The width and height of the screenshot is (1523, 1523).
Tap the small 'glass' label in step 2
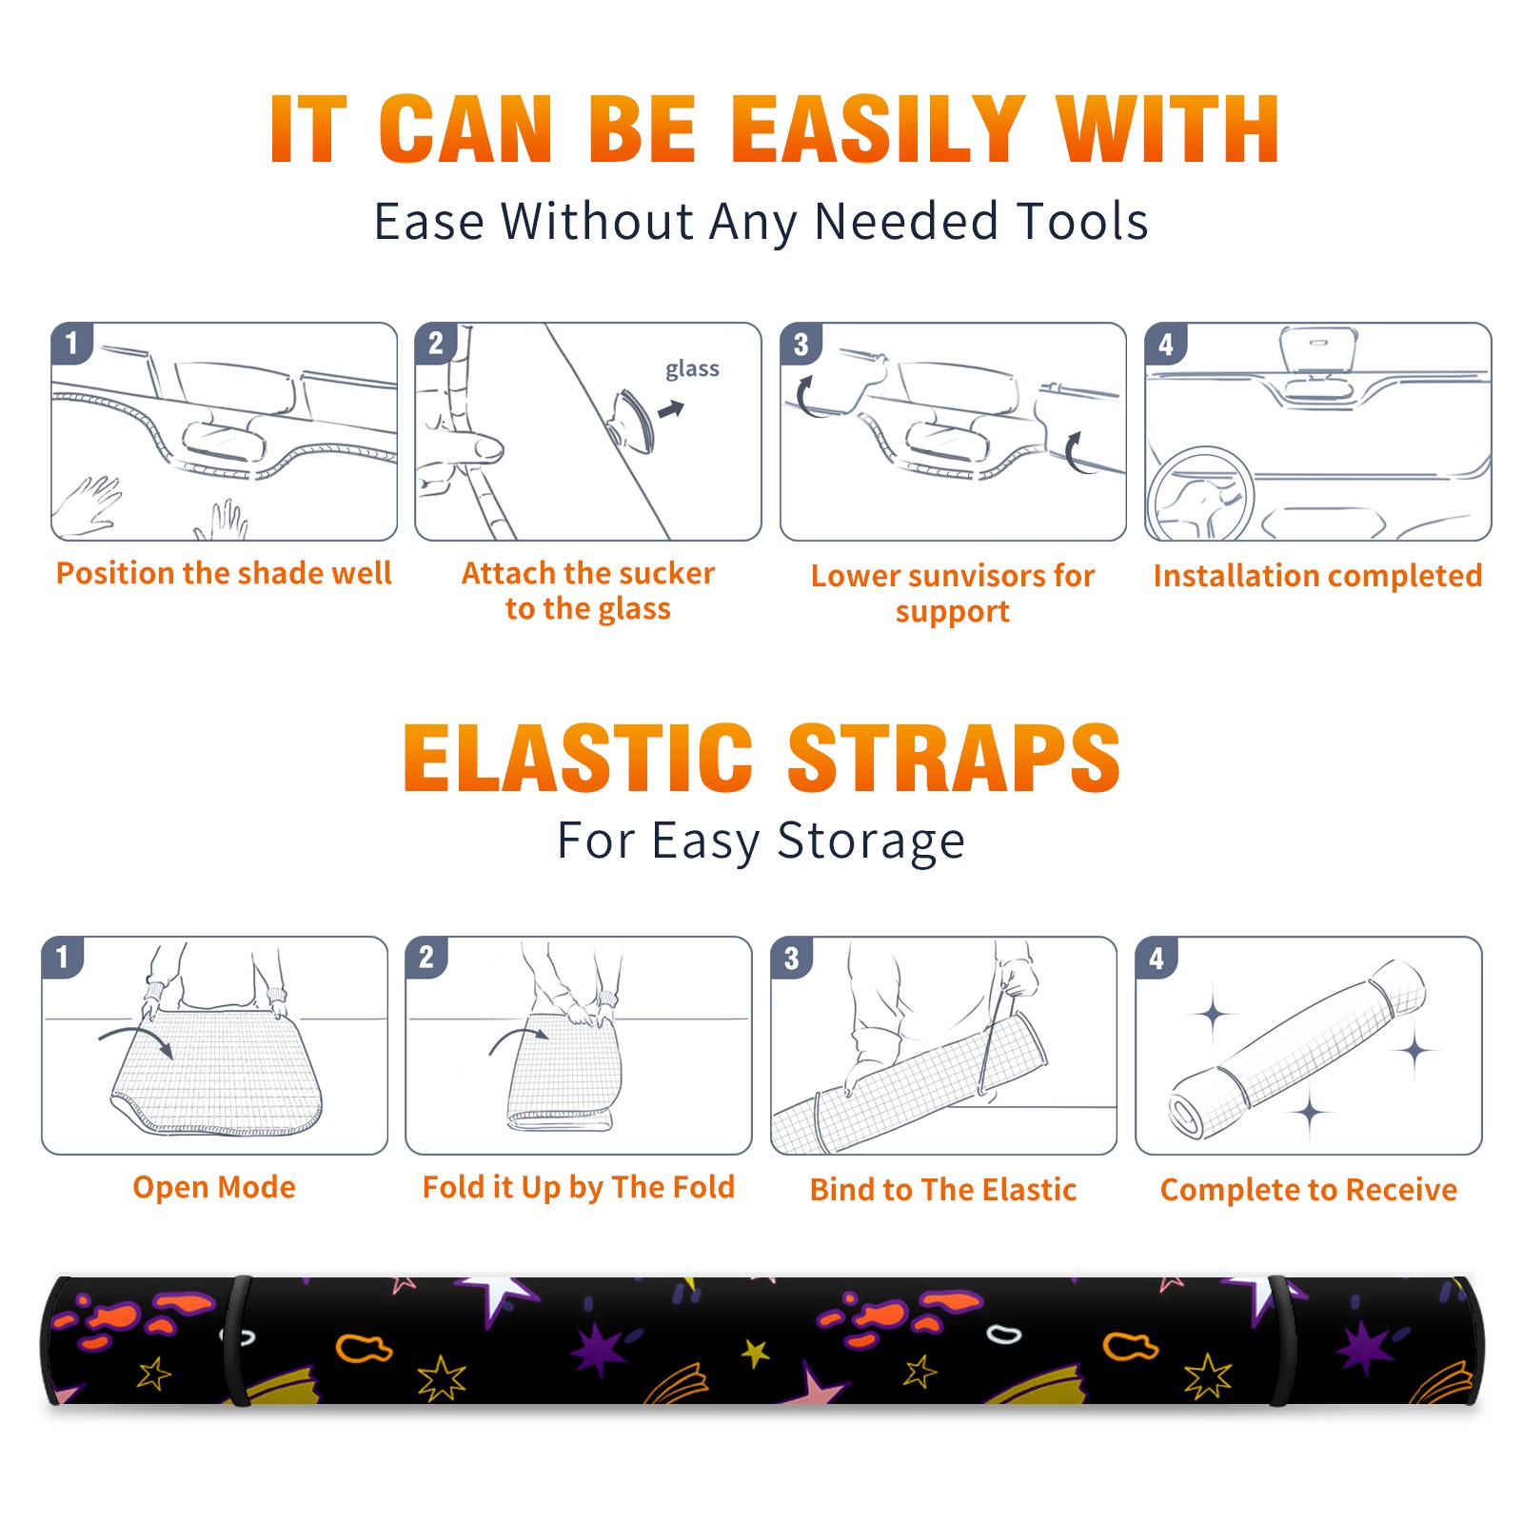[692, 369]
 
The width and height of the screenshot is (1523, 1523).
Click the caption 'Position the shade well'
[224, 573]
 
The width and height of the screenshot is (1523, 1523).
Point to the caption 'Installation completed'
[1317, 576]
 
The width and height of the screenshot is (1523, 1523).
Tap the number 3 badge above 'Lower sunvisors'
[801, 344]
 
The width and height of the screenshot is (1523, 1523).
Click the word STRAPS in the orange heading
[954, 758]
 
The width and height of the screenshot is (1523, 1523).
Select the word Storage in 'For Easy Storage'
[871, 841]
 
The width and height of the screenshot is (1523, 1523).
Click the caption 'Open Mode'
[214, 1187]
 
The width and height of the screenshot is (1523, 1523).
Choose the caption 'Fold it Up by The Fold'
[579, 1188]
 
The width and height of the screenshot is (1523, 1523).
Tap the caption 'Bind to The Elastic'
[943, 1190]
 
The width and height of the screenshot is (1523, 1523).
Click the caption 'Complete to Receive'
[1309, 1190]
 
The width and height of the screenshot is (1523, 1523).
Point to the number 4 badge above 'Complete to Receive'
[1157, 958]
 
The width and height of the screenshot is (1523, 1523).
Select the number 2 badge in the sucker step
[435, 344]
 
